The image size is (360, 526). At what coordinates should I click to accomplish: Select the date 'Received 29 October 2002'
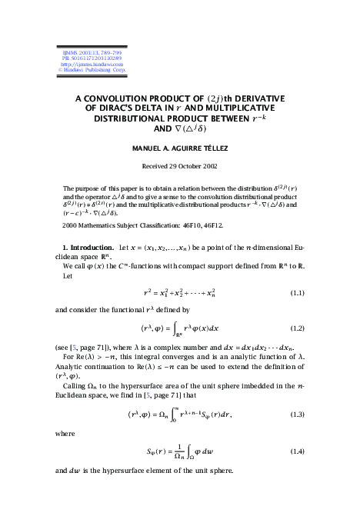(x=180, y=166)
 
